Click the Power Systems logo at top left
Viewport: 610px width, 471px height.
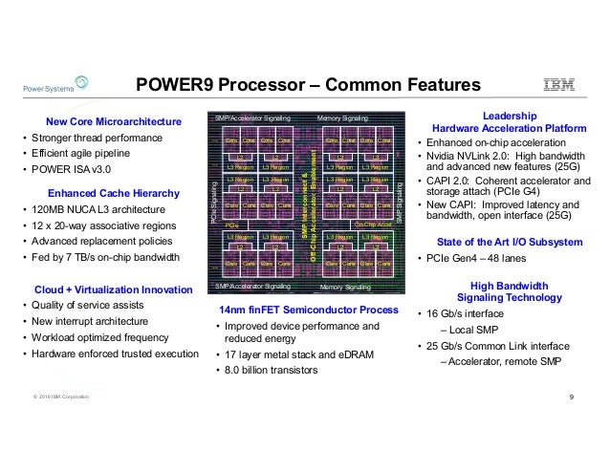point(46,87)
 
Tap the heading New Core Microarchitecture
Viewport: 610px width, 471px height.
point(113,122)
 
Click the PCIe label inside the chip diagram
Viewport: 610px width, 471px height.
point(231,225)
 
